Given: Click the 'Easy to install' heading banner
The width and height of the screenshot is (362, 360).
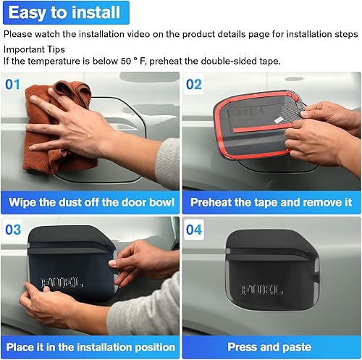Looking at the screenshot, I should [65, 13].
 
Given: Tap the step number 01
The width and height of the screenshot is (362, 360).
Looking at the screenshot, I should [14, 84].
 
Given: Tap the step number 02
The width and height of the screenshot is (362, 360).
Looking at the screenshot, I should [195, 84].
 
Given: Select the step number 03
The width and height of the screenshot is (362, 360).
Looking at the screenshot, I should [14, 229].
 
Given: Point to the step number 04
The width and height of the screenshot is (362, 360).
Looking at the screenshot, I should [195, 229].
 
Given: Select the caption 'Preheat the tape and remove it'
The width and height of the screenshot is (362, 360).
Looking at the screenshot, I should [271, 201].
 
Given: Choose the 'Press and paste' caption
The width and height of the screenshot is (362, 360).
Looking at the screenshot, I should [271, 347].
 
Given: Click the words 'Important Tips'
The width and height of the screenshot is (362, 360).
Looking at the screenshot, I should [33, 48].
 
